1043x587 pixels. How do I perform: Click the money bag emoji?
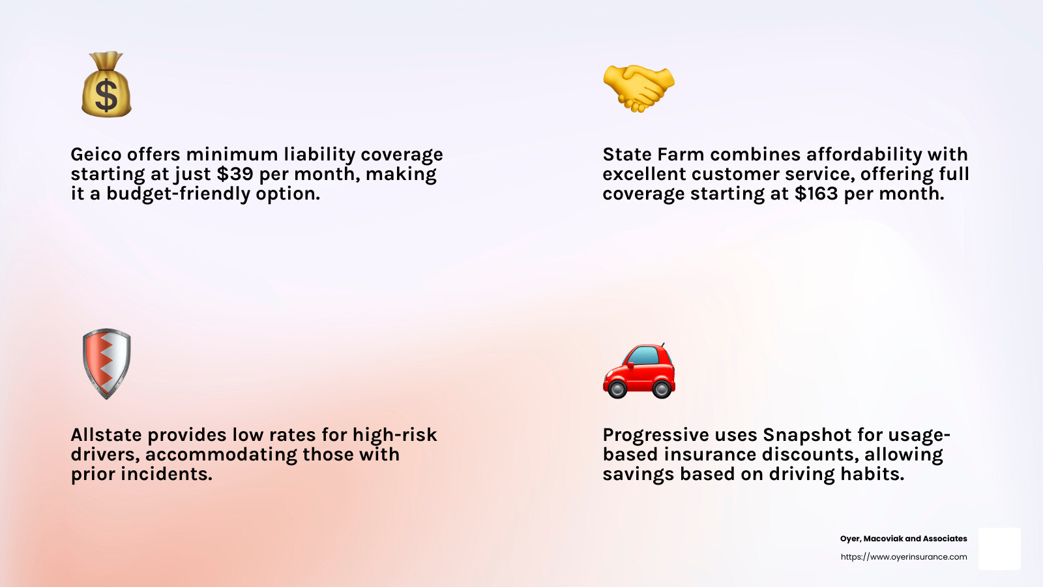click(x=107, y=84)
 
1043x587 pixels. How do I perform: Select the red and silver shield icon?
click(x=107, y=364)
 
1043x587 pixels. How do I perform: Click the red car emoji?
click(x=639, y=371)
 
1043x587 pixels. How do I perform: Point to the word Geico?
click(x=96, y=154)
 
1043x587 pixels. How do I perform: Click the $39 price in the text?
click(x=235, y=173)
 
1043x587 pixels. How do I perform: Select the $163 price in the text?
click(x=816, y=193)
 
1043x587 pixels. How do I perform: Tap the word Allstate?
click(x=106, y=434)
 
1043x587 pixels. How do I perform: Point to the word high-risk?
click(x=395, y=434)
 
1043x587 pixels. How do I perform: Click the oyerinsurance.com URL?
click(x=903, y=557)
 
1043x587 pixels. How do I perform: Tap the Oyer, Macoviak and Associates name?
click(x=903, y=539)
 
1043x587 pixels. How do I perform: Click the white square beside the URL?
click(x=1000, y=549)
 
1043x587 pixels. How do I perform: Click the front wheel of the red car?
click(x=617, y=389)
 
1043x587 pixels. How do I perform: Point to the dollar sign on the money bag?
click(x=106, y=95)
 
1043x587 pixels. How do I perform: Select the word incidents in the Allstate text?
click(x=166, y=474)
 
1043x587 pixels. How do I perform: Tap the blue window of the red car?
click(x=645, y=355)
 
